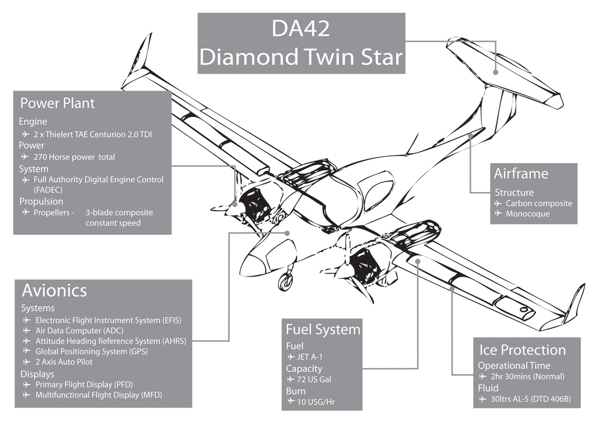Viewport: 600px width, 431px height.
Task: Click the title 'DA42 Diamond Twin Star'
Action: (301, 43)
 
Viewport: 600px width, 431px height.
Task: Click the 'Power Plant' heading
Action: (57, 103)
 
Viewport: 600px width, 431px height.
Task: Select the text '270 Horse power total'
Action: (74, 157)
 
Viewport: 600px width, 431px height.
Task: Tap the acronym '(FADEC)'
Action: (47, 190)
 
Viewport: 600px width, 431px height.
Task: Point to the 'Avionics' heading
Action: (54, 291)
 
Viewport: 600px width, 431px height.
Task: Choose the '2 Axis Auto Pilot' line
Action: (64, 362)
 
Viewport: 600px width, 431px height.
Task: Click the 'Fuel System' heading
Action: (323, 329)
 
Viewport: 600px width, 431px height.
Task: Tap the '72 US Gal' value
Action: (314, 379)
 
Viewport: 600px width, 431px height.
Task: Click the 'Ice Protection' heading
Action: (522, 350)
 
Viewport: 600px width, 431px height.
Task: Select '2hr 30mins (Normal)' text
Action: (527, 377)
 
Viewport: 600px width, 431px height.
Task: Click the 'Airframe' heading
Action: (521, 173)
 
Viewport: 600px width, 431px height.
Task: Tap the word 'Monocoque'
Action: (527, 214)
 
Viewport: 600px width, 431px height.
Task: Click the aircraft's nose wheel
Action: (285, 282)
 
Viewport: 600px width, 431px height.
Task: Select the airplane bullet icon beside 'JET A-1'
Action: (291, 357)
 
